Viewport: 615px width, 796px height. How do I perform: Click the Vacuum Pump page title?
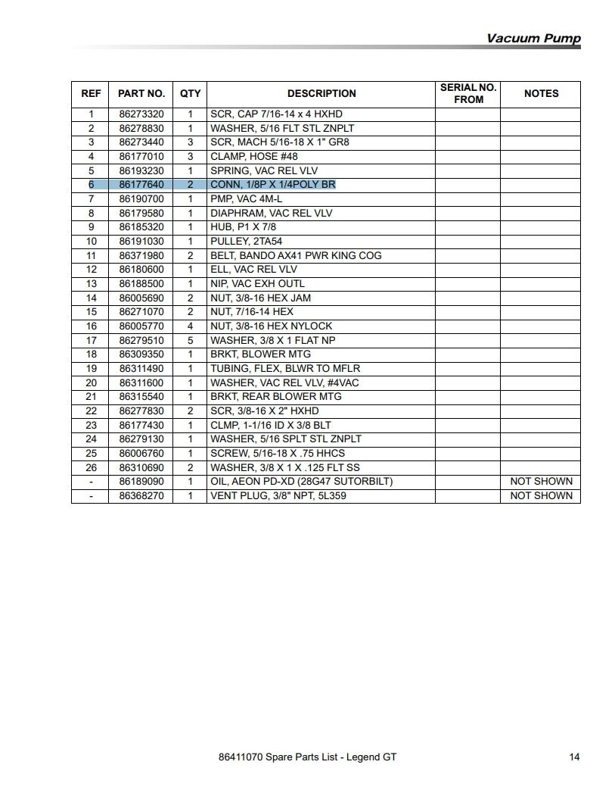click(x=533, y=39)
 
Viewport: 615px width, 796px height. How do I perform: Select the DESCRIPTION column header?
click(x=321, y=94)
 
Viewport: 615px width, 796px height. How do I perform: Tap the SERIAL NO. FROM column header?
click(x=468, y=94)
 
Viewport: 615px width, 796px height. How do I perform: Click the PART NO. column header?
click(x=141, y=94)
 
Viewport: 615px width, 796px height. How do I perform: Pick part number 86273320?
click(x=141, y=114)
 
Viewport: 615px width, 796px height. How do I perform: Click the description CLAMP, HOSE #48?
click(x=253, y=157)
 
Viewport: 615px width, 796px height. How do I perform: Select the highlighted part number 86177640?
click(x=141, y=185)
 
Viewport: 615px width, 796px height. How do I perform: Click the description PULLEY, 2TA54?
click(x=246, y=242)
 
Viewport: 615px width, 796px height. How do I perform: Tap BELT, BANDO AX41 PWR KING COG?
click(x=296, y=255)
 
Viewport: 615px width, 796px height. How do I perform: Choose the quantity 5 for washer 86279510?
click(x=190, y=340)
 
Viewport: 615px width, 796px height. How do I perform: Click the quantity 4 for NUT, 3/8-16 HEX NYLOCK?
click(x=190, y=326)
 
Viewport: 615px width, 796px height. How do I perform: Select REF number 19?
click(x=91, y=369)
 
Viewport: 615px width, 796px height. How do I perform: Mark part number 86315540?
click(x=141, y=397)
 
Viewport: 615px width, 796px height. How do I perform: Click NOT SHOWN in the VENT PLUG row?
click(x=541, y=496)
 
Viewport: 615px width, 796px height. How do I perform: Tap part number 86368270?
click(x=141, y=496)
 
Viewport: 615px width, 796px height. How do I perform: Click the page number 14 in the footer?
click(x=574, y=757)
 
